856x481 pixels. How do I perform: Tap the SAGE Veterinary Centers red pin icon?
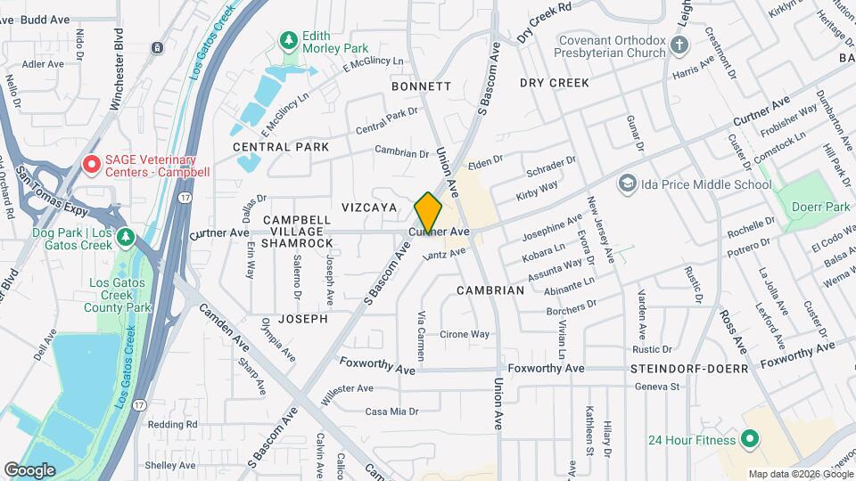[90, 164]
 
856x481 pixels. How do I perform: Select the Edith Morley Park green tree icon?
[288, 40]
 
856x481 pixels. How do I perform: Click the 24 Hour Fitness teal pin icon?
[750, 439]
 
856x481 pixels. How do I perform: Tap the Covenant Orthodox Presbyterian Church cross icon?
[679, 45]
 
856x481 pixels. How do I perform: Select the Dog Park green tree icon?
[127, 236]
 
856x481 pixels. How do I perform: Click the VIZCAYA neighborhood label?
[367, 206]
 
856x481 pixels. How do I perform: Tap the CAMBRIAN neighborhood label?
[490, 290]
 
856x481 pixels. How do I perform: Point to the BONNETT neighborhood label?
[421, 86]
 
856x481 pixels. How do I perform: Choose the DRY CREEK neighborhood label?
[555, 83]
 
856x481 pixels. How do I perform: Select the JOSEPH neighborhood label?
[302, 318]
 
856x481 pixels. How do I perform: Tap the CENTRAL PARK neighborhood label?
[281, 147]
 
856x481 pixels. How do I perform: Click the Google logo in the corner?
[29, 469]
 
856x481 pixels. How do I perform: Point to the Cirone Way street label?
[465, 335]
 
